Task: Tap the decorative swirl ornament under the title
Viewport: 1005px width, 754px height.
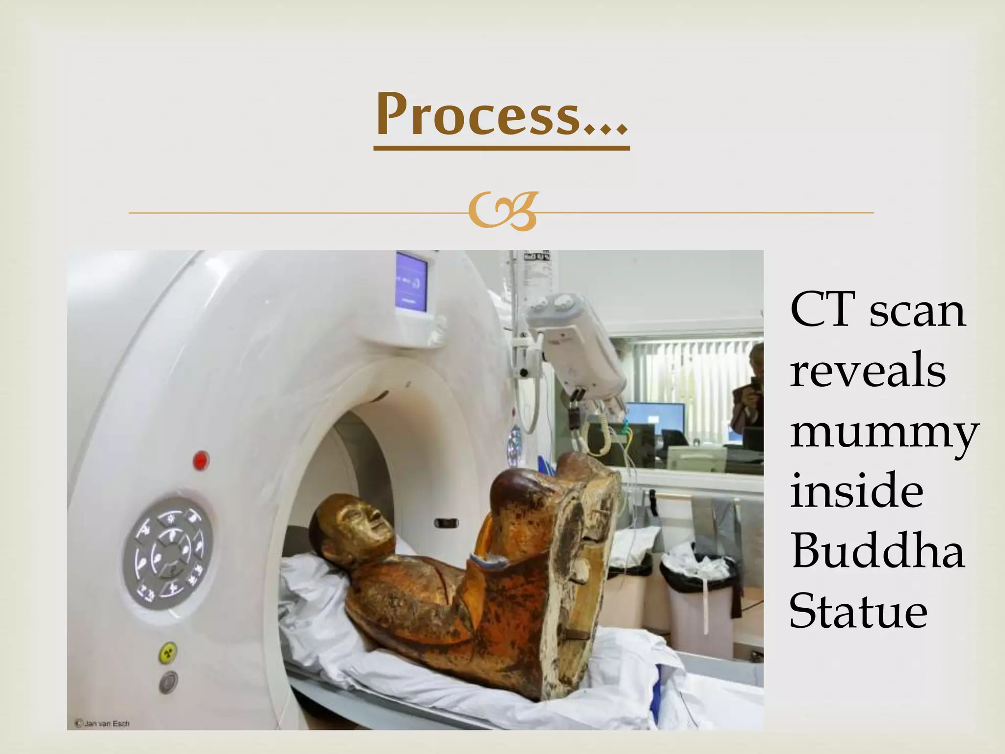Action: point(502,212)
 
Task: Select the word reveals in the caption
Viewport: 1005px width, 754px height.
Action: point(868,370)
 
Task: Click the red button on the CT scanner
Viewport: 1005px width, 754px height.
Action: point(200,460)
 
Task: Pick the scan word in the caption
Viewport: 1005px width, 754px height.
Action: point(917,311)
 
